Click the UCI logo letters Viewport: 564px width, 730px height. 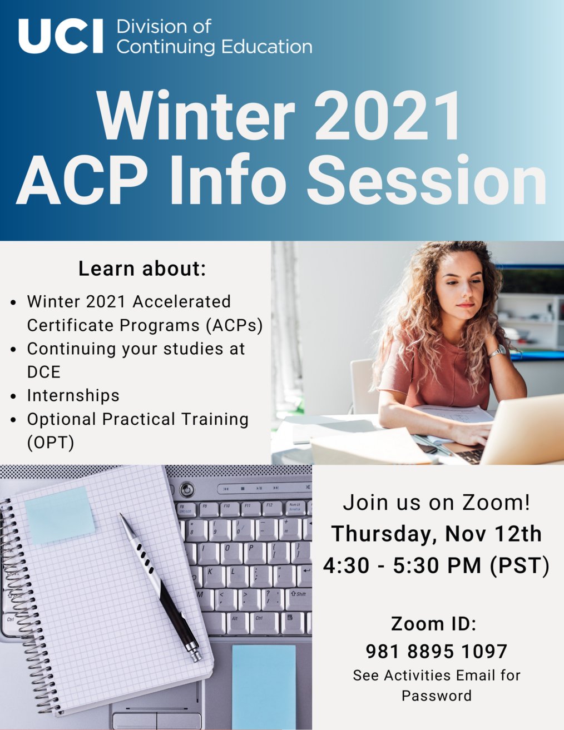coord(61,36)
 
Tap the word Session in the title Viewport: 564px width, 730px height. coord(427,179)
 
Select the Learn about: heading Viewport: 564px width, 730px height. coord(142,269)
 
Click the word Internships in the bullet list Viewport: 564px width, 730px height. coord(73,395)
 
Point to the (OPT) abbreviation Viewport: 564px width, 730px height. coord(51,443)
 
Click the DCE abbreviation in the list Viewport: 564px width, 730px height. coord(44,372)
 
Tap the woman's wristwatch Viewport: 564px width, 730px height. coord(497,351)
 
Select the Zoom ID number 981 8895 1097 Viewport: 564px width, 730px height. coord(437,652)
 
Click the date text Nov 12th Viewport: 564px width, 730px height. coord(493,534)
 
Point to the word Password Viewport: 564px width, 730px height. coord(437,696)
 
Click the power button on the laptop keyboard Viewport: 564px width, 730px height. coord(187,489)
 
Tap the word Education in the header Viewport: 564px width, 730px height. coord(267,47)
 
